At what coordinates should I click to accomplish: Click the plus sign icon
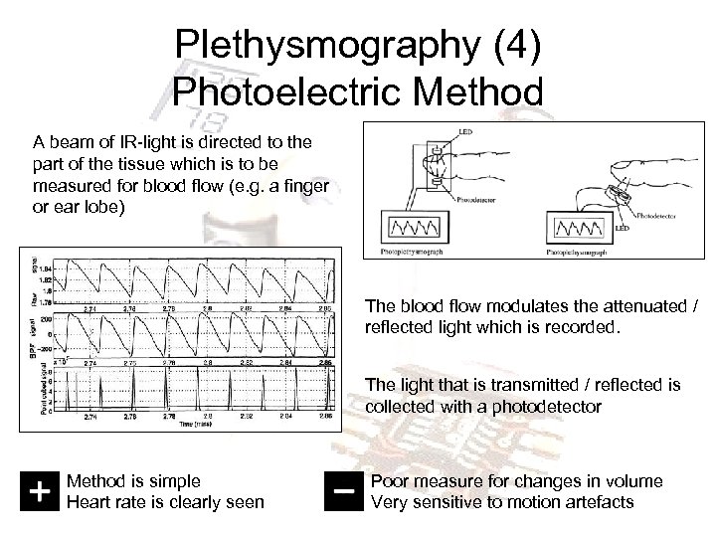click(38, 490)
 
